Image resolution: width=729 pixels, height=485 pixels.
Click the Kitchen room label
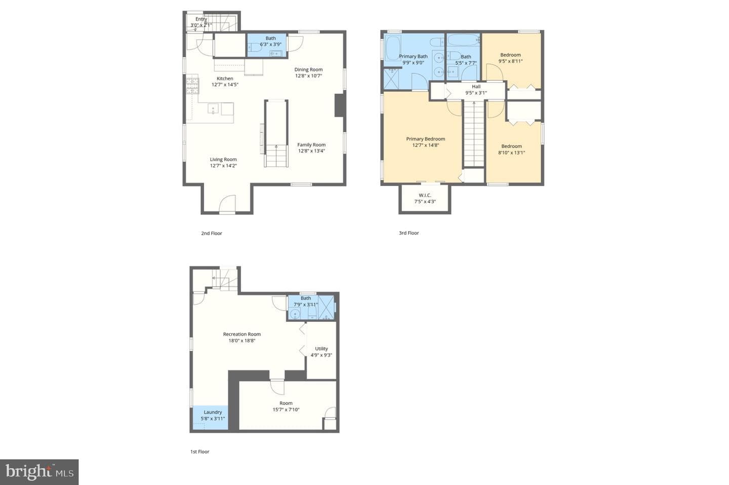(x=225, y=79)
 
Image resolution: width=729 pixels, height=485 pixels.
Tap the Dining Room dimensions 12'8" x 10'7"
(x=308, y=76)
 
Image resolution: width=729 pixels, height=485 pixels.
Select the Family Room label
(x=311, y=144)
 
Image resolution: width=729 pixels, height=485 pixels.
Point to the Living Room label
(x=223, y=159)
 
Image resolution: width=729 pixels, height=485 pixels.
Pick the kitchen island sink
(x=213, y=109)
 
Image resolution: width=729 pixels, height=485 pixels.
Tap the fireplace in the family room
(x=340, y=105)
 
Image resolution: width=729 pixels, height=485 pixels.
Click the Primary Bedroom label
(x=426, y=139)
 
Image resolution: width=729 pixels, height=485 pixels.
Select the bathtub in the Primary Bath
(x=393, y=48)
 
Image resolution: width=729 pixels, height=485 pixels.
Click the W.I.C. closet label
(x=425, y=195)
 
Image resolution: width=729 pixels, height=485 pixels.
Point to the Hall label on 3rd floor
(x=476, y=87)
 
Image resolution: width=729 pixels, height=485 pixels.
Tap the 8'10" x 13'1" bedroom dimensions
(x=512, y=153)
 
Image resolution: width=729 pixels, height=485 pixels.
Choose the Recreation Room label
(x=242, y=334)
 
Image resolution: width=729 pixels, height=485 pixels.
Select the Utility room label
(x=321, y=349)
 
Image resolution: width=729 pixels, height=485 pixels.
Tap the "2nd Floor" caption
(x=212, y=233)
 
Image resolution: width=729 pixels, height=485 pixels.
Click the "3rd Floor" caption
(x=409, y=233)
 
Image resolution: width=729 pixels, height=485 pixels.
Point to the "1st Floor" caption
(x=200, y=452)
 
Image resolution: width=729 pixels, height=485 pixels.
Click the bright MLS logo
(x=39, y=472)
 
